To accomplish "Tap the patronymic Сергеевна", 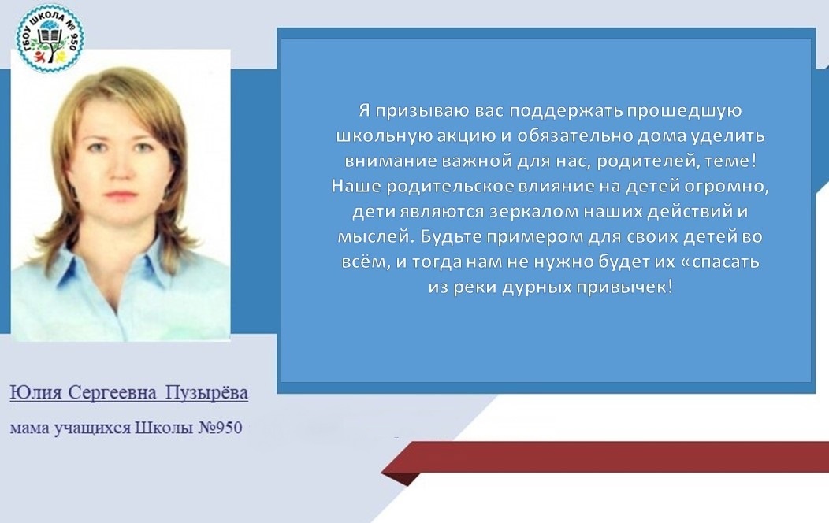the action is point(113,393).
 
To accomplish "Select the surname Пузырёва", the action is point(206,393).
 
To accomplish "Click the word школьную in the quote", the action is point(384,136).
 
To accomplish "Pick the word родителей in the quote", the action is point(641,161).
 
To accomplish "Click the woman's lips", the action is point(121,195).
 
